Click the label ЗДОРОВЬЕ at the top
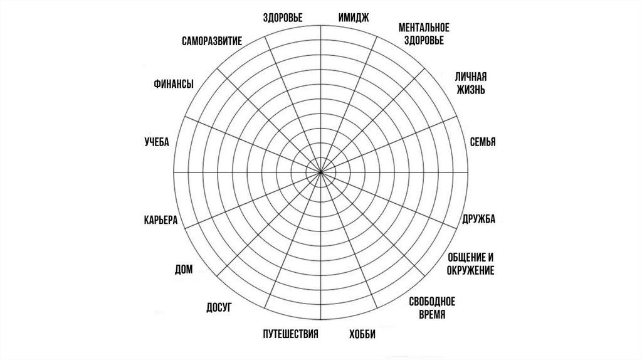283,18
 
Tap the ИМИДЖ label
352,18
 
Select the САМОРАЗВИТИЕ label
212,42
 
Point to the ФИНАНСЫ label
173,85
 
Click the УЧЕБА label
157,142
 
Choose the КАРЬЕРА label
160,220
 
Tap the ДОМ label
184,270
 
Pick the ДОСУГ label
219,307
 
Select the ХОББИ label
362,334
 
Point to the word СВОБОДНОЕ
432,302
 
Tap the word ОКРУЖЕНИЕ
471,270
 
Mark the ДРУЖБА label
479,219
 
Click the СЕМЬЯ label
483,142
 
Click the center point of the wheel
321,171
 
